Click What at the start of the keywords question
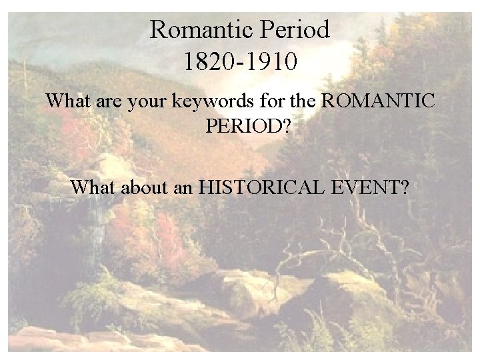[67, 103]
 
